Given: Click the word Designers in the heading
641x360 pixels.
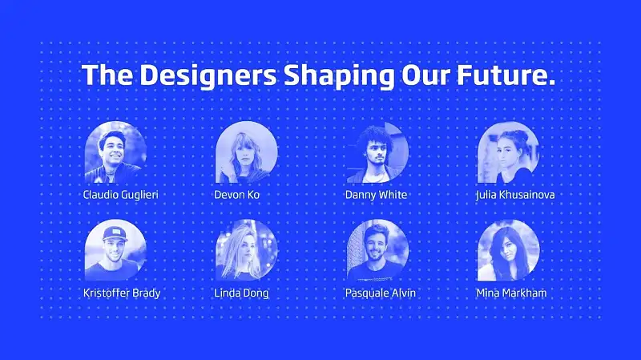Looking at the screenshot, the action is coord(208,75).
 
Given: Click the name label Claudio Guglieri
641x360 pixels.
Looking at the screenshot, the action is coord(121,195).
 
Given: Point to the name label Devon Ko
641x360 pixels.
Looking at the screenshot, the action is coord(237,195).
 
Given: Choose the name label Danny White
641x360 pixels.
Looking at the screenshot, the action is coord(376,195).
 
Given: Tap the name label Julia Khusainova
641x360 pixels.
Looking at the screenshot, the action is coord(515,195).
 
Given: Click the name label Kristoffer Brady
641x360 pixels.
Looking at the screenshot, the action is coord(122,293).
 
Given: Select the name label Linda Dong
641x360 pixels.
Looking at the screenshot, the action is coord(242,293).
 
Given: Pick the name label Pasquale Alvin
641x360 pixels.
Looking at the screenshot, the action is coord(381,293).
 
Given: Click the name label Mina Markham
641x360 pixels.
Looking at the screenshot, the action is coord(511,293).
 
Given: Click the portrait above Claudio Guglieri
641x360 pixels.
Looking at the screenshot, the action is coord(115,152).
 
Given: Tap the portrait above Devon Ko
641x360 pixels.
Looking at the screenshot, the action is coord(247,152).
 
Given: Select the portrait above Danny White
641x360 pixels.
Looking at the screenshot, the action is coord(377,152).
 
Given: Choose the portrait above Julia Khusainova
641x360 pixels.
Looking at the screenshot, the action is coord(508,152).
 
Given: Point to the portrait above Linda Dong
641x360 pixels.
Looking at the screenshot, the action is coord(247,250).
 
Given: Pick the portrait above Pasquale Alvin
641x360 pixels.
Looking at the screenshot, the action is coord(377,250).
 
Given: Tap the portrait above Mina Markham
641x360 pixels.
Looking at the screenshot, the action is coord(508,250).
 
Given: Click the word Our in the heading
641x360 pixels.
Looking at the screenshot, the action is coord(425,75).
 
